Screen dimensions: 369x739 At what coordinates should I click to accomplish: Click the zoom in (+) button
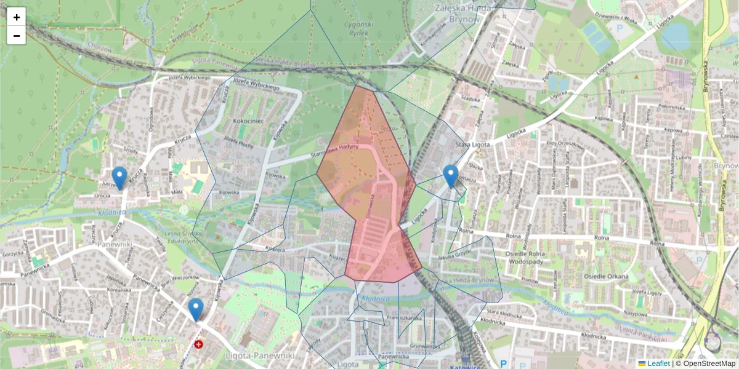(x=17, y=17)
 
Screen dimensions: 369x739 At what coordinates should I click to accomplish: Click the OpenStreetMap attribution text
(x=705, y=363)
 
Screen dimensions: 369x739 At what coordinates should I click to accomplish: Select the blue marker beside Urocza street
(x=119, y=177)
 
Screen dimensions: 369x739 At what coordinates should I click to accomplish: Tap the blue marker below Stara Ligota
(x=451, y=175)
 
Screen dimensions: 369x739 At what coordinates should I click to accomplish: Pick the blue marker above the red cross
(x=196, y=309)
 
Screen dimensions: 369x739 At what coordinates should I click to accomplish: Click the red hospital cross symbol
(x=198, y=344)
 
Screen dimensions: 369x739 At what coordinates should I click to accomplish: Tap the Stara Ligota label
(x=471, y=145)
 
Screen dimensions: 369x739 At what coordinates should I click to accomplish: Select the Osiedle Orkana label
(x=606, y=276)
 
